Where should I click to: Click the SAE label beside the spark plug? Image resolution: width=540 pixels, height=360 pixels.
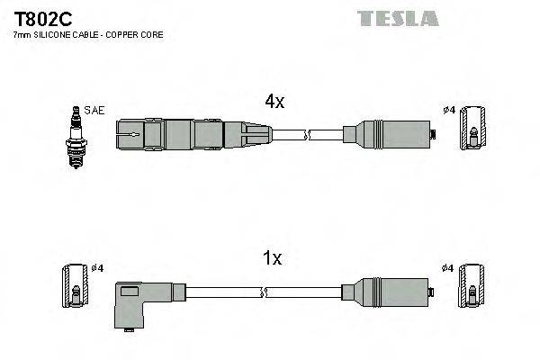pyautogui.click(x=94, y=111)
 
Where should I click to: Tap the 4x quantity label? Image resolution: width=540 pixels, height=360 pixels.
pyautogui.click(x=274, y=103)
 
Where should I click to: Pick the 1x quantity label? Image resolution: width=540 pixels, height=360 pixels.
pyautogui.click(x=272, y=259)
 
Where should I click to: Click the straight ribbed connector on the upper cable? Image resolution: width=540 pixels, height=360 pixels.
pyautogui.click(x=192, y=136)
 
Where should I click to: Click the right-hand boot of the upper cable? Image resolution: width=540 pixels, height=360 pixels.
pyautogui.click(x=387, y=136)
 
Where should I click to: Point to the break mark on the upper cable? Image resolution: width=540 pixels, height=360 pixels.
pyautogui.click(x=308, y=136)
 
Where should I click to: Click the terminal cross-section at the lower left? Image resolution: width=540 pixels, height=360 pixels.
pyautogui.click(x=75, y=287)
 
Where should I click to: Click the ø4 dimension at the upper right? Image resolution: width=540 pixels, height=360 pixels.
pyautogui.click(x=447, y=111)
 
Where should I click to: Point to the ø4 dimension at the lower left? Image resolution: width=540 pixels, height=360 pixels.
pyautogui.click(x=98, y=267)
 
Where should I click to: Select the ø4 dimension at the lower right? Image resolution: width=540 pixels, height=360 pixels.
pyautogui.click(x=447, y=267)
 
